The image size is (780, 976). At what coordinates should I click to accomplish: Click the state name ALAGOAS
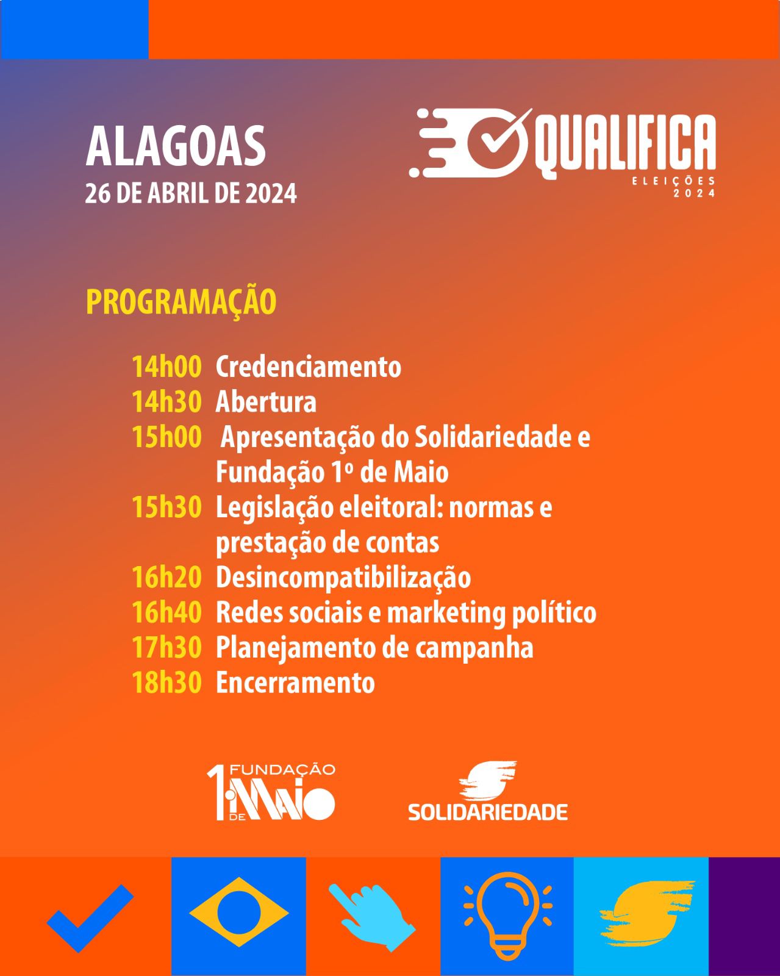tap(176, 146)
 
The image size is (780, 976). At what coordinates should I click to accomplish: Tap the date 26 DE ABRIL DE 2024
tap(191, 193)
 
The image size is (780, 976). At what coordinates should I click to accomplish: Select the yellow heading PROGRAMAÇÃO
tap(181, 302)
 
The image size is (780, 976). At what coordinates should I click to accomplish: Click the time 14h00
tap(166, 367)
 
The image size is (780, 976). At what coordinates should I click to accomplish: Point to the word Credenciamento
tap(309, 367)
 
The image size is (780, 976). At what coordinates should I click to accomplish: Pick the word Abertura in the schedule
tap(266, 402)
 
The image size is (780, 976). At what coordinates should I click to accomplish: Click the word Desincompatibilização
tap(343, 579)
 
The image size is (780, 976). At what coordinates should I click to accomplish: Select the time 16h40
tap(166, 612)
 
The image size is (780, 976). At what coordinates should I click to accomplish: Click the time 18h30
tap(166, 683)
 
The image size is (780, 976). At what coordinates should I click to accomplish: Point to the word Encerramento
tap(295, 683)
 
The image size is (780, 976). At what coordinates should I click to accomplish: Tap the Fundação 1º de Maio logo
tap(271, 792)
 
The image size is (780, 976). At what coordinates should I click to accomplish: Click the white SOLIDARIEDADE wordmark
tap(488, 813)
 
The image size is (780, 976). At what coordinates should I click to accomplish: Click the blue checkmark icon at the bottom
tap(90, 917)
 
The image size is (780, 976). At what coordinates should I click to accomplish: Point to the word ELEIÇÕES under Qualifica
tap(673, 181)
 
